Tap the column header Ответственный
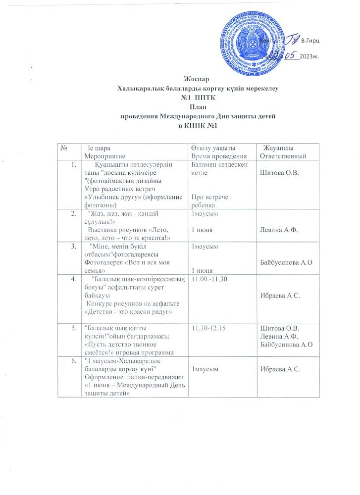pos(283,156)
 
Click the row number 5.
pos(74,327)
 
